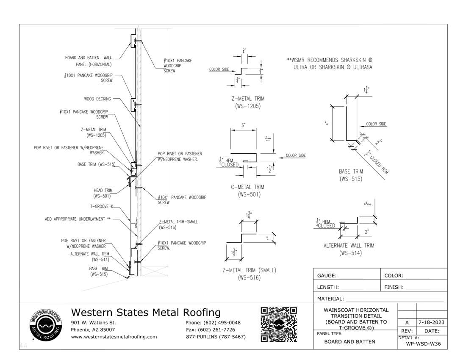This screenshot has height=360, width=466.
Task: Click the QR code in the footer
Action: [278, 324]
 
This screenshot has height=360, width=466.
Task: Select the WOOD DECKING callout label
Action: [97, 99]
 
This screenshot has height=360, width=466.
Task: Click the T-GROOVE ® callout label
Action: [102, 207]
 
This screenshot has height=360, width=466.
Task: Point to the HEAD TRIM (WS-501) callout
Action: [102, 193]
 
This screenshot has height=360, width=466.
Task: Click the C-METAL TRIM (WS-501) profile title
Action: [247, 191]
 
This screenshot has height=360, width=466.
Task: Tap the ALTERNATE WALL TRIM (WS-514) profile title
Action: [349, 249]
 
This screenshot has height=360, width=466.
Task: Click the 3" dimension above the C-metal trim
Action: [244, 125]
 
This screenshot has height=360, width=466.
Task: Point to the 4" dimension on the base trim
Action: [327, 124]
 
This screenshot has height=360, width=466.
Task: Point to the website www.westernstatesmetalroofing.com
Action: [114, 337]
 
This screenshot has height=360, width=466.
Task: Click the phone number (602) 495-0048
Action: [213, 323]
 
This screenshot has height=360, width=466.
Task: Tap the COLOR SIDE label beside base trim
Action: [376, 124]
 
